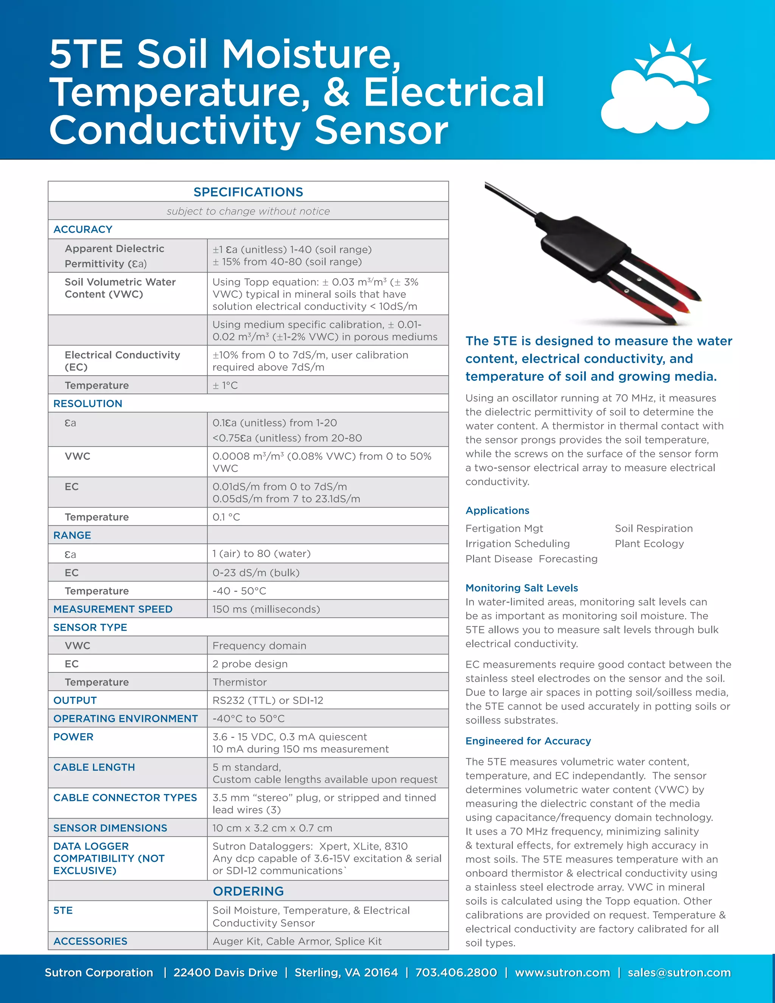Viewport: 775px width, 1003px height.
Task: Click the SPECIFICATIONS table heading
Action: [248, 192]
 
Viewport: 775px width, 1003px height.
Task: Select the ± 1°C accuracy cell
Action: [225, 385]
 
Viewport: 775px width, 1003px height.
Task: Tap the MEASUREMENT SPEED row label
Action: [113, 609]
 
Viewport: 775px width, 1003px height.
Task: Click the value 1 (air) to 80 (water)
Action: [261, 553]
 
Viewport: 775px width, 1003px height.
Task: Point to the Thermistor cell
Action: [239, 682]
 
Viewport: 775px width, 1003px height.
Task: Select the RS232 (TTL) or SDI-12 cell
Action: [268, 700]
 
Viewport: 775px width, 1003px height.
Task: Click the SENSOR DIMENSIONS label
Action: [110, 828]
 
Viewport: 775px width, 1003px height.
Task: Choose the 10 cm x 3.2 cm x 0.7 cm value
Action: [272, 828]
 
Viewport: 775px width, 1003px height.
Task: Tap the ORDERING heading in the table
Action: [248, 891]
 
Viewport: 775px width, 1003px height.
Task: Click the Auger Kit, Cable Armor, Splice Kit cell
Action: [297, 941]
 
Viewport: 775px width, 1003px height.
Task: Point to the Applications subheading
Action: [497, 510]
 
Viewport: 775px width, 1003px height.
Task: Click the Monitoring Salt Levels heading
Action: [521, 588]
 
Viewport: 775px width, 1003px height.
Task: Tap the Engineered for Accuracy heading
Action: [528, 741]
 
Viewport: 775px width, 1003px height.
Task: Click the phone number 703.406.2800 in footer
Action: [456, 972]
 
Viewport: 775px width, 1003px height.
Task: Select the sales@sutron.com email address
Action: [679, 972]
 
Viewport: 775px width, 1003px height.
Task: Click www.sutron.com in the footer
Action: [562, 972]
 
